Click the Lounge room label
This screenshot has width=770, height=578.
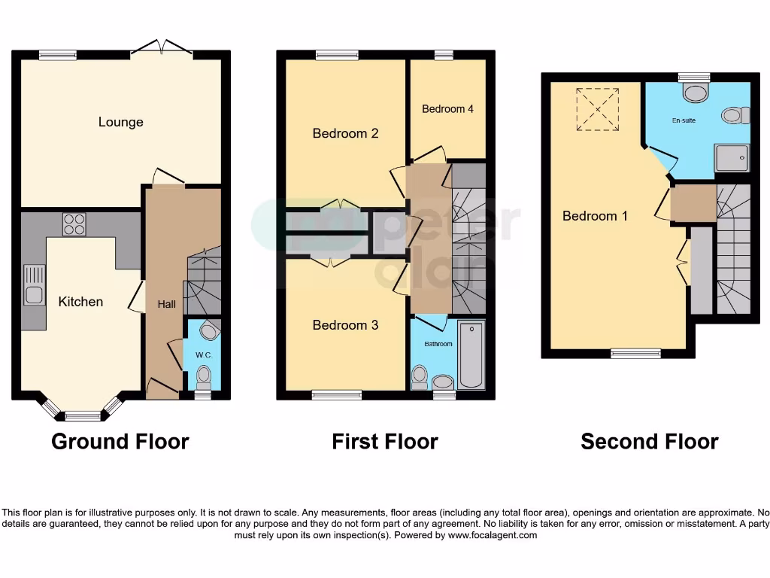(x=120, y=122)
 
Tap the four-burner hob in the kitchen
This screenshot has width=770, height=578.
(x=73, y=224)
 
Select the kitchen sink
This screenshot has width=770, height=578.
(x=33, y=284)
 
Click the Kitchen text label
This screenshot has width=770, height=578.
(x=80, y=302)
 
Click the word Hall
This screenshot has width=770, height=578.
(x=166, y=304)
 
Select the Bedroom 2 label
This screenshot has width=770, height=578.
(x=345, y=133)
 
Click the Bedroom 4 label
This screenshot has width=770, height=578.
(x=447, y=109)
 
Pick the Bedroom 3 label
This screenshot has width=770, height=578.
(x=345, y=325)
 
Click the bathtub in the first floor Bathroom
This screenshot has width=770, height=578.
(x=471, y=355)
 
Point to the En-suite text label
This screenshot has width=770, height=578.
(x=684, y=120)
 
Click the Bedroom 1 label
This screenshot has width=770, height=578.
(x=595, y=216)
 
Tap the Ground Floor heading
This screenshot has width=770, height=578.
(x=120, y=441)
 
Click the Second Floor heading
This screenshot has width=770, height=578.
(x=649, y=441)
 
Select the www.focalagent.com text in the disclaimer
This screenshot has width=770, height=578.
(x=493, y=536)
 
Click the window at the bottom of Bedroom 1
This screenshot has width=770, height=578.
(x=635, y=354)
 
